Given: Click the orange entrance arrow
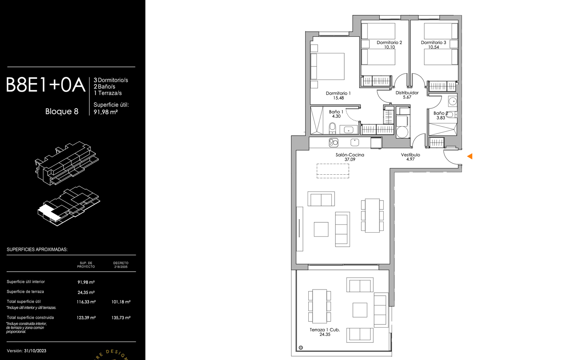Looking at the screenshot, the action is [x=470, y=156].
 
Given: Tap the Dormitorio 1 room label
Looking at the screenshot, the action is [x=338, y=93].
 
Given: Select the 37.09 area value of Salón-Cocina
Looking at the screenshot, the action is [x=350, y=160].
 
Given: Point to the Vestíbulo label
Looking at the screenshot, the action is [x=410, y=155].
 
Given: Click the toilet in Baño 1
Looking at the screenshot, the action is [x=332, y=128].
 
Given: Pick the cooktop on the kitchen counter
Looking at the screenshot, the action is [x=334, y=143].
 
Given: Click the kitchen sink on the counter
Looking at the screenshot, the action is [x=355, y=142].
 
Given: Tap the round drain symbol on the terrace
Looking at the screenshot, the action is [x=301, y=348].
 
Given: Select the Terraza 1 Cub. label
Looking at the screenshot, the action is [x=325, y=330].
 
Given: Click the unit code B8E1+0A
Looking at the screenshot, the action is [x=46, y=85].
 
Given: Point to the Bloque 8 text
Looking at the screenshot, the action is [x=62, y=111].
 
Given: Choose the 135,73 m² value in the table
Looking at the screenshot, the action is [x=121, y=318].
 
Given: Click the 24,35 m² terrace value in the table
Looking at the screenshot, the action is [x=86, y=292].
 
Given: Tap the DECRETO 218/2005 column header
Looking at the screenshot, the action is [x=121, y=265].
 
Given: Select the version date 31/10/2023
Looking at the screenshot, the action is [x=35, y=351].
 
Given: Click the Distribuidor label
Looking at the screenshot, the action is [x=407, y=93].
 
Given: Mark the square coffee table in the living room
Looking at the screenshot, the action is [x=321, y=229].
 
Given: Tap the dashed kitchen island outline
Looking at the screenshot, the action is [x=333, y=171].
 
